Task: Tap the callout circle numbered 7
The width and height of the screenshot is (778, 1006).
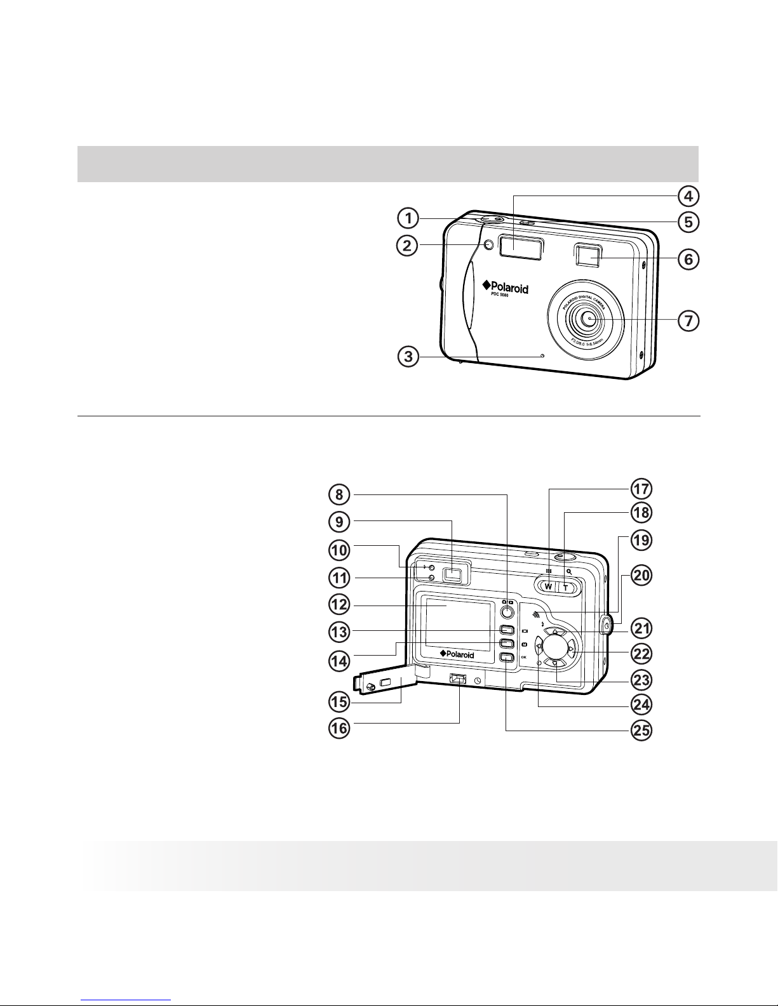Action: click(x=688, y=321)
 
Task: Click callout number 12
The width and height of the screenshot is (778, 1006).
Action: click(x=339, y=605)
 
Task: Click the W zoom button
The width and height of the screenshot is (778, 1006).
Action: click(x=547, y=586)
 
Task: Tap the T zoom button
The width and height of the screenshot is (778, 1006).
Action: click(x=565, y=586)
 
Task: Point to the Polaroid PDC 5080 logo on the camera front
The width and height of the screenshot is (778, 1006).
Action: click(x=506, y=289)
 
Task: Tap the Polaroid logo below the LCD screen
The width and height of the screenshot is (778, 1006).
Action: click(x=457, y=654)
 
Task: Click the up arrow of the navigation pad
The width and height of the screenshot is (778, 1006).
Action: click(x=555, y=632)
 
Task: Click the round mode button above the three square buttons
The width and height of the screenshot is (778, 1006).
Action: click(x=506, y=612)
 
